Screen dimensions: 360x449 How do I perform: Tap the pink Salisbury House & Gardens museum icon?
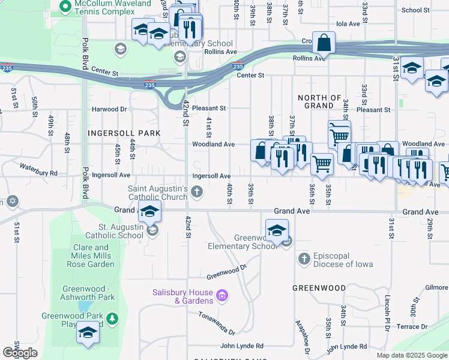222,295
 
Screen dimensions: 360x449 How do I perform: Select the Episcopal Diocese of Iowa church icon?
304,259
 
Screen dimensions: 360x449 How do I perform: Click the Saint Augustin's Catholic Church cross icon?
197,192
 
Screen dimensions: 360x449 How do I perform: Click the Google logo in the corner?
20,353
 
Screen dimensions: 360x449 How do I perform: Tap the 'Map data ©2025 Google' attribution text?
411,355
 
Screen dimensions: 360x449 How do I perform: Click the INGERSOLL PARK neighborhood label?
124,133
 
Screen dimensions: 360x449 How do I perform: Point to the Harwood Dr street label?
109,109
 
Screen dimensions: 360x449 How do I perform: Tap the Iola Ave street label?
348,24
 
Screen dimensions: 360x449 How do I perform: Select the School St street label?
415,10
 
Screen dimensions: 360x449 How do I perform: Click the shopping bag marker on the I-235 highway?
324,43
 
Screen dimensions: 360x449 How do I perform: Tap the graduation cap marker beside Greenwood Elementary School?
277,230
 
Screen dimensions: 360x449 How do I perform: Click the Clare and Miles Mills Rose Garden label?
93,256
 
